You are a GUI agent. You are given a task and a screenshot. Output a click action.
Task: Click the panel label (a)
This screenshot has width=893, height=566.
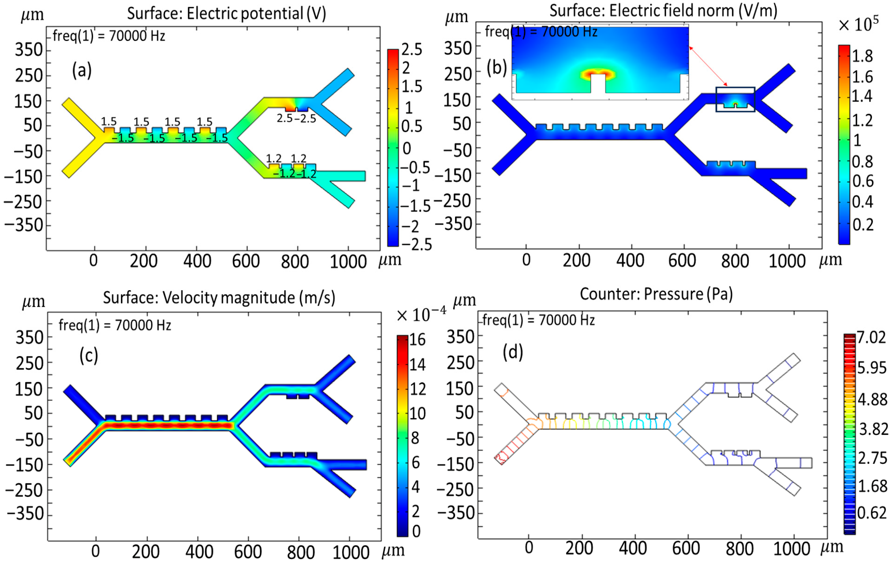[82, 70]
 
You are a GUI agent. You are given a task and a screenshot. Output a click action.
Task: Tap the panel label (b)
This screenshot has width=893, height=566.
[497, 68]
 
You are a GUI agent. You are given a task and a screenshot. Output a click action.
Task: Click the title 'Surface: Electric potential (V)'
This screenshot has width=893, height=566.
[226, 14]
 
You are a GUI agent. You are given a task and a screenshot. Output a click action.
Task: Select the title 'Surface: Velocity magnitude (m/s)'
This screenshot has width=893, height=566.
[219, 298]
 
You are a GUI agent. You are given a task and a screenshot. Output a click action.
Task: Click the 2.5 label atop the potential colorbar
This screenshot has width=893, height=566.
[412, 50]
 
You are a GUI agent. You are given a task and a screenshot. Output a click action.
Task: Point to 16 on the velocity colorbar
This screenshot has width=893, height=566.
[417, 340]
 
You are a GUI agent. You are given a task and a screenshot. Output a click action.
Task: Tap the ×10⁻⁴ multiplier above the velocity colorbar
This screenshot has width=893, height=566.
[421, 315]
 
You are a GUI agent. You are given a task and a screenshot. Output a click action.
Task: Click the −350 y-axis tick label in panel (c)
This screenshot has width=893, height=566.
[25, 514]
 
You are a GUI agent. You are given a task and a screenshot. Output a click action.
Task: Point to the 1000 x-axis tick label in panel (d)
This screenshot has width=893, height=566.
[792, 549]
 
